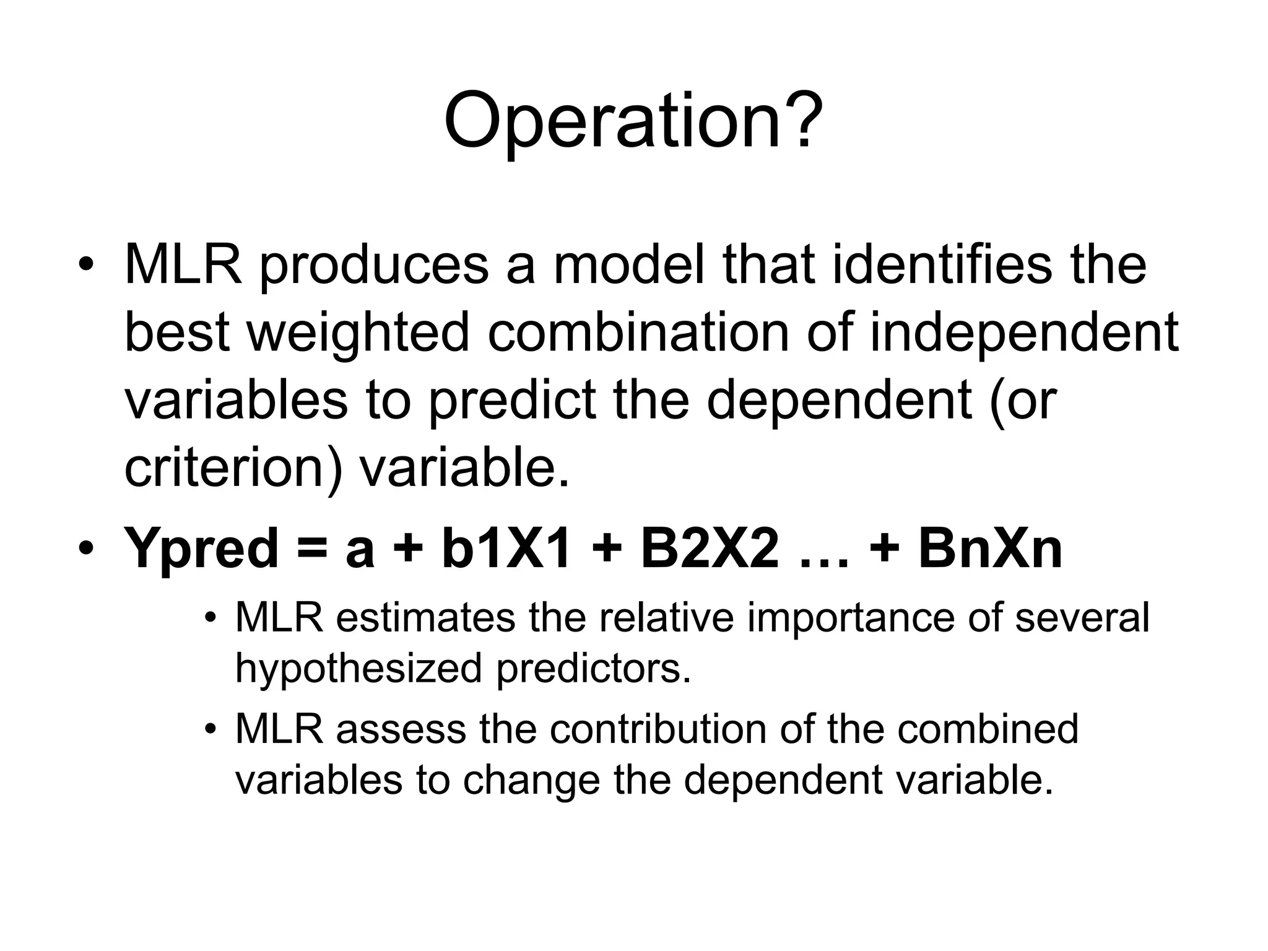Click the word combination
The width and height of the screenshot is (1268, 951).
tap(638, 332)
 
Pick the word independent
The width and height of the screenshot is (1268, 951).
tap(1024, 334)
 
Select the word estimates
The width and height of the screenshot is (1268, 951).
tap(426, 618)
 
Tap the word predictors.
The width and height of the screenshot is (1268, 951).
tap(594, 669)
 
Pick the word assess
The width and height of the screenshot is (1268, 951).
tap(401, 729)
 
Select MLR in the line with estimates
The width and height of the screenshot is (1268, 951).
tap(279, 617)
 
